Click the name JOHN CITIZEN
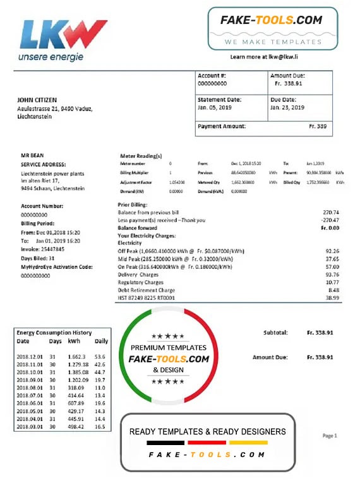[x=38, y=99]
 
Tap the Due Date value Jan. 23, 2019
[x=287, y=108]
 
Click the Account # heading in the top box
[x=212, y=76]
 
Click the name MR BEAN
[x=32, y=155]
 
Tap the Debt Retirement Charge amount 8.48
[x=333, y=290]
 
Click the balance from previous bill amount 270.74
[x=330, y=212]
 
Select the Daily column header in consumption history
[x=101, y=342]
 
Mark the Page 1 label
[x=329, y=436]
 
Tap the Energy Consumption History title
[x=54, y=333]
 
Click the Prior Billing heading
[x=133, y=205]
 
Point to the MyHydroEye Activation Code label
[x=57, y=267]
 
